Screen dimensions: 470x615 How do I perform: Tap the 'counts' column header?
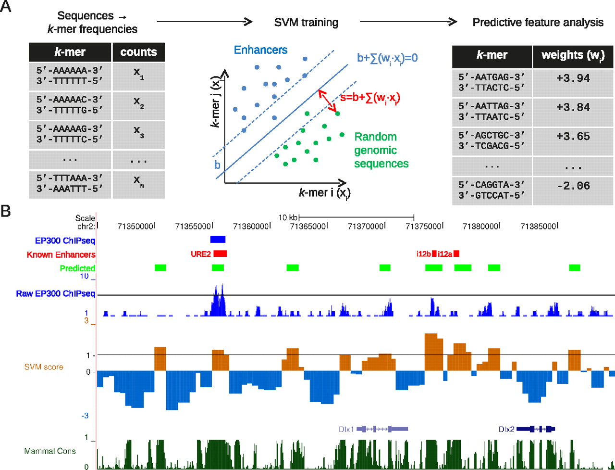point(138,52)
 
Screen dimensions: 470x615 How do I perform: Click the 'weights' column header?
point(573,55)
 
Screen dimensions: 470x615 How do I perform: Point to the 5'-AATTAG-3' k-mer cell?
point(492,112)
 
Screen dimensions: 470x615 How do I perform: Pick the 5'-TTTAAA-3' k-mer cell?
point(70,184)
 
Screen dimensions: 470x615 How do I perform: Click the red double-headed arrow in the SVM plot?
point(329,102)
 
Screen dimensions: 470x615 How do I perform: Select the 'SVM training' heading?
point(306,23)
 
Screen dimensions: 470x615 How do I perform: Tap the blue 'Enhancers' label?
point(260,50)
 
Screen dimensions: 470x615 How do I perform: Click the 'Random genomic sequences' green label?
point(381,150)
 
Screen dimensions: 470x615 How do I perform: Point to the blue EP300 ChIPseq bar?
point(218,239)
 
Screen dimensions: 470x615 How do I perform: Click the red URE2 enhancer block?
point(220,254)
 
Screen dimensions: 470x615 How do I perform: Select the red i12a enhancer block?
point(456,254)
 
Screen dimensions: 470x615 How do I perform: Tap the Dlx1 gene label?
point(346,429)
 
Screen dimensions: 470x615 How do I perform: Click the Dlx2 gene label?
point(506,429)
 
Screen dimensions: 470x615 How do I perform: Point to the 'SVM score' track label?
point(44,367)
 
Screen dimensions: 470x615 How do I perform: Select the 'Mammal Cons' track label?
point(50,451)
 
